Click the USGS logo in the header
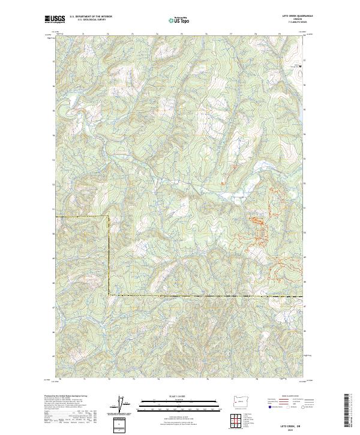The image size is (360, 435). click(55, 20)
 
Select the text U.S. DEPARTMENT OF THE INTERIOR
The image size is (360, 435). click(91, 17)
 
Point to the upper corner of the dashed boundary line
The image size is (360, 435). click(109, 216)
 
